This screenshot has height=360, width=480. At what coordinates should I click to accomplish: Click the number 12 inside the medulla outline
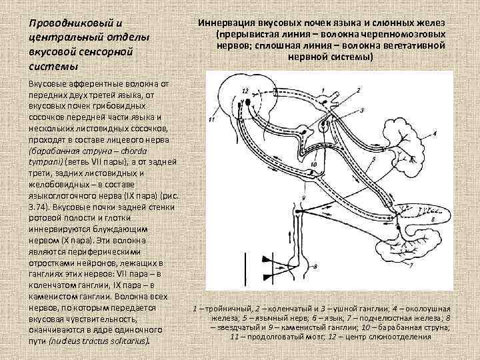pos(246,89)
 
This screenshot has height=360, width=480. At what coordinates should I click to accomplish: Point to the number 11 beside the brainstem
pos(212,120)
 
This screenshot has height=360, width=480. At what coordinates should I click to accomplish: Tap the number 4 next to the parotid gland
pos(434,133)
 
